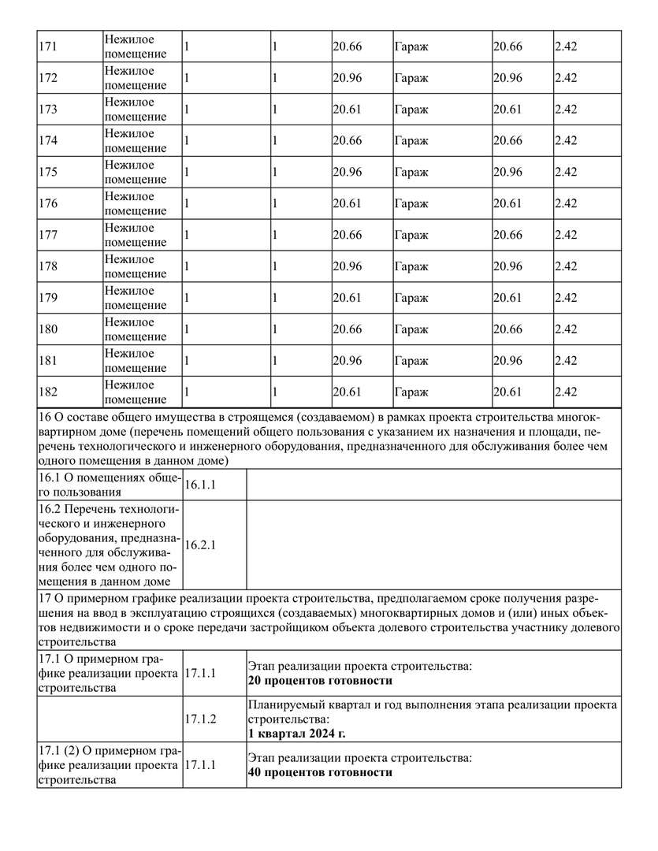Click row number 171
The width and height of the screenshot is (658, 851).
tap(48, 46)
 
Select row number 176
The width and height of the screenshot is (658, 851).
tap(48, 204)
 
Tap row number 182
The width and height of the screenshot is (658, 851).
tap(48, 392)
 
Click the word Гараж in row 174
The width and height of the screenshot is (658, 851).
tap(411, 141)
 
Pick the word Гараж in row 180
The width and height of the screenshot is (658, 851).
tap(411, 329)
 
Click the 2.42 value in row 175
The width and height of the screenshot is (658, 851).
tap(566, 173)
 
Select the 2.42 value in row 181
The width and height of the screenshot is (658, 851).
tap(566, 361)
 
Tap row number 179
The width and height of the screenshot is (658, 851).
tap(48, 298)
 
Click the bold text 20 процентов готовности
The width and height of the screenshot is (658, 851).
tap(320, 681)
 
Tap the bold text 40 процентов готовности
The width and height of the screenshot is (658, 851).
tap(320, 772)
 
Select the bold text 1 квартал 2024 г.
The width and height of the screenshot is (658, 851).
tap(297, 733)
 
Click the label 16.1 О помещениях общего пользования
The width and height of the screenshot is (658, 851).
tap(108, 485)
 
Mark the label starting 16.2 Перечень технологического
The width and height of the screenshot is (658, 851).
tap(108, 544)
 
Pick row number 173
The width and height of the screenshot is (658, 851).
tap(48, 110)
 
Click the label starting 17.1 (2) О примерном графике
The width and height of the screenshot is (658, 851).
tap(108, 765)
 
